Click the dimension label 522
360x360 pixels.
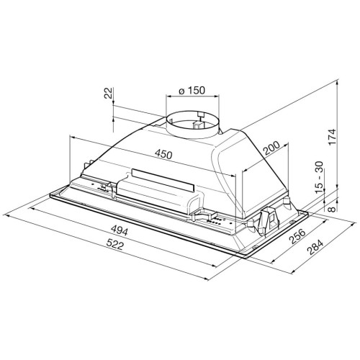pos(114,244)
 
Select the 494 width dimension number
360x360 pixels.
pos(120,231)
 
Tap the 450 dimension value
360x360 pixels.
pos(163,154)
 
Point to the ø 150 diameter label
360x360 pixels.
pos(192,91)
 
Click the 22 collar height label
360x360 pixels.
pos(109,93)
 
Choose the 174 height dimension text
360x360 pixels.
pos(332,137)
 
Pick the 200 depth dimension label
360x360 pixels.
pos(271,148)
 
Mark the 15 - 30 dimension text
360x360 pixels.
pos(319,177)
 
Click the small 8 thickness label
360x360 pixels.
pos(331,209)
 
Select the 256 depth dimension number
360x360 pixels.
pos(297,236)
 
